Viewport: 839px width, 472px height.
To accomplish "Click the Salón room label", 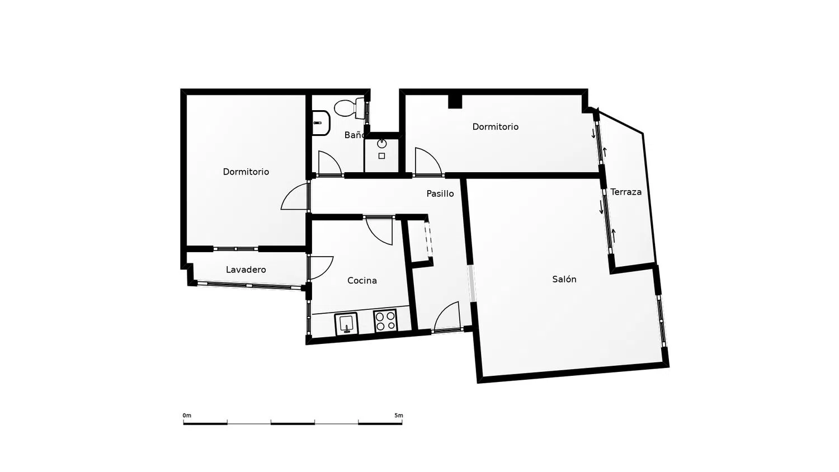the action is point(564,279).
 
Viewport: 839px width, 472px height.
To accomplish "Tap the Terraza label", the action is point(626,192).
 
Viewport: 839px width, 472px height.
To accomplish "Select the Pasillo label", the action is point(440,193).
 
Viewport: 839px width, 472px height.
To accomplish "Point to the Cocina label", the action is point(362,280).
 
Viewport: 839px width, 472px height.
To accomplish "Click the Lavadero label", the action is point(246,270).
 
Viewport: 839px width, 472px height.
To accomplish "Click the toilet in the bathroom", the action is point(349,108).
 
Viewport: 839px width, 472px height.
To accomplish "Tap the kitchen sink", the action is point(346,323).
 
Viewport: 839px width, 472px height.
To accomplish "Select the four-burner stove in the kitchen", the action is point(385,320).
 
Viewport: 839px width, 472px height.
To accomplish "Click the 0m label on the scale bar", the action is point(187,416).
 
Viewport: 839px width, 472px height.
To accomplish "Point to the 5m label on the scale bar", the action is point(398,416).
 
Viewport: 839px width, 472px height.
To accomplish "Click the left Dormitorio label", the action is point(246,172).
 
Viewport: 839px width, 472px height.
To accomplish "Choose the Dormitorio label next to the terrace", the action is point(495,126).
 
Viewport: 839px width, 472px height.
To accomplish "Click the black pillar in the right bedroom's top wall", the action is point(455,101).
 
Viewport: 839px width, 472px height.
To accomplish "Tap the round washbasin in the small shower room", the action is point(381,143).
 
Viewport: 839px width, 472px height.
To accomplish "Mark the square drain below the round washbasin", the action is point(381,156).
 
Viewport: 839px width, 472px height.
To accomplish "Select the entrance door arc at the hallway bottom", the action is point(442,311).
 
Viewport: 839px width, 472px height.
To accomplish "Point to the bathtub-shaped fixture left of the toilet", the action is point(321,122).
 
